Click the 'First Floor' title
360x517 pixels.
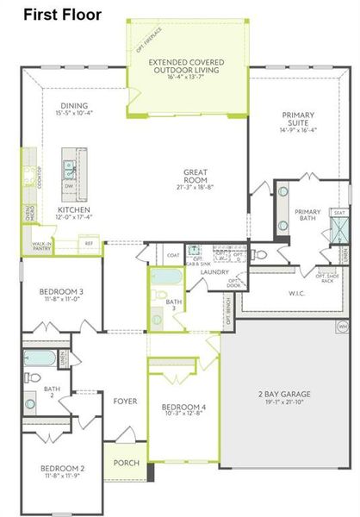click(62, 15)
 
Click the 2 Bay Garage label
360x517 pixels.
click(283, 394)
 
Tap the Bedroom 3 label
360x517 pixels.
click(61, 292)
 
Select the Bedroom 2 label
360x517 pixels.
click(61, 470)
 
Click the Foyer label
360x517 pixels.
click(126, 400)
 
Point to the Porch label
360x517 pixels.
click(127, 463)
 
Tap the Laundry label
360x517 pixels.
click(214, 272)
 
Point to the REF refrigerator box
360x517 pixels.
click(88, 244)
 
